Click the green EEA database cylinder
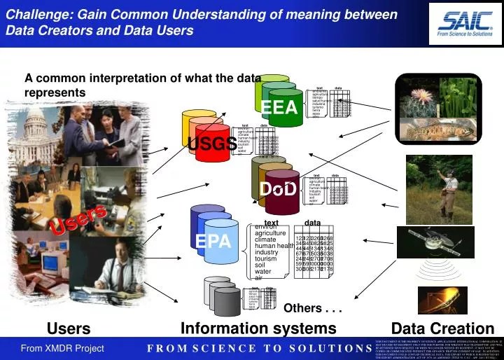(x=279, y=105)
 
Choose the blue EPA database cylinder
(x=213, y=241)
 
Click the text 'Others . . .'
(x=311, y=308)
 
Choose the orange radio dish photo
(x=442, y=300)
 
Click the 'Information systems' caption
(x=258, y=328)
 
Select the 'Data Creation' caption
(x=442, y=328)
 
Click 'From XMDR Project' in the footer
(x=62, y=348)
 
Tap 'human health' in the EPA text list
(x=274, y=246)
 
